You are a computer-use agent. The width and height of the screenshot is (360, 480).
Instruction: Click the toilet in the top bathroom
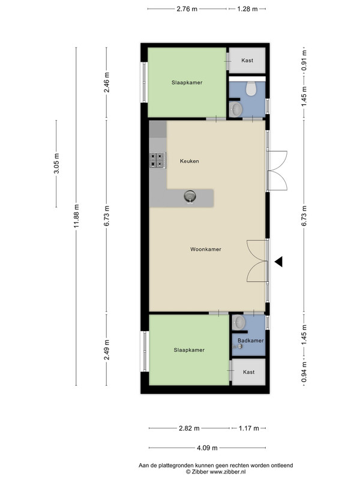click(x=251, y=88)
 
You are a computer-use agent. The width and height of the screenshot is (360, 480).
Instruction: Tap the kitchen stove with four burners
click(x=158, y=160)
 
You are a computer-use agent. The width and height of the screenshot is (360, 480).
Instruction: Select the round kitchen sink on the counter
click(x=190, y=196)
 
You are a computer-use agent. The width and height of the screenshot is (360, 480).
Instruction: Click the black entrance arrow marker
click(x=278, y=262)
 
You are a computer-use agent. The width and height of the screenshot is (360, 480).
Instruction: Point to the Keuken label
click(x=190, y=161)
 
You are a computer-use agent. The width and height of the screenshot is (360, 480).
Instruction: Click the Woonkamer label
click(x=206, y=249)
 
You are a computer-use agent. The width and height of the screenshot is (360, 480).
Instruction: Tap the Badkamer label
click(x=251, y=340)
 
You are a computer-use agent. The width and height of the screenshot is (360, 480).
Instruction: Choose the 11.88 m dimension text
click(x=76, y=216)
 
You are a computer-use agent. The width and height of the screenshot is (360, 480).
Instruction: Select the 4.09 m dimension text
click(x=207, y=448)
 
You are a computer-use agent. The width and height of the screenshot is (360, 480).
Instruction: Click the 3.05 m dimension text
click(x=56, y=163)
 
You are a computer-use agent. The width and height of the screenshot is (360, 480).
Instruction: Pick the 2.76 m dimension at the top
click(x=187, y=9)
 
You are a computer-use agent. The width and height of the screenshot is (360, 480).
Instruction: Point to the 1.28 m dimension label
click(x=247, y=9)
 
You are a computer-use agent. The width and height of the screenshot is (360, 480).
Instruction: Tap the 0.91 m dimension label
click(x=304, y=61)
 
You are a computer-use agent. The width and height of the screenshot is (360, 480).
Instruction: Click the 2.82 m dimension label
click(x=189, y=428)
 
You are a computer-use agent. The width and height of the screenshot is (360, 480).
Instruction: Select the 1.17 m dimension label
click(x=249, y=428)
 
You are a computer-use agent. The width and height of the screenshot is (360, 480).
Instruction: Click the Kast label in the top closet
click(x=247, y=61)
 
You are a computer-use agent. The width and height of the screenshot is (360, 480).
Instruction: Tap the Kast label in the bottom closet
click(x=249, y=372)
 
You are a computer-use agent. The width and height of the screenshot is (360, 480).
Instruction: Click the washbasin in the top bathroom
click(x=236, y=109)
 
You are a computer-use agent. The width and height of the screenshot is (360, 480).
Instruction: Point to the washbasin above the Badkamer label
click(x=238, y=323)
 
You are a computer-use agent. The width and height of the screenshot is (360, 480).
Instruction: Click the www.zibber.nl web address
click(x=227, y=472)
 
